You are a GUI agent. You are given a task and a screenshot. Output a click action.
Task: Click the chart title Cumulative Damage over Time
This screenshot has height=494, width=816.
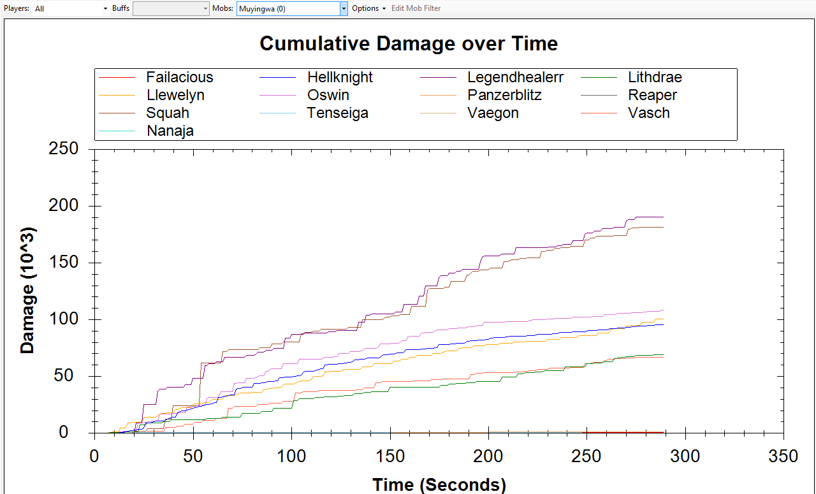tap(409, 44)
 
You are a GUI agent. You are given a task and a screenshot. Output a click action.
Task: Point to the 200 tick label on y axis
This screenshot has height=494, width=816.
tap(63, 205)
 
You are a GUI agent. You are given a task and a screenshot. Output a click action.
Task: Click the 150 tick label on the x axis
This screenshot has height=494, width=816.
tap(390, 456)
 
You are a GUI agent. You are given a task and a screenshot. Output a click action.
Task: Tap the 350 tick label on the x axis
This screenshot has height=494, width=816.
tap(783, 456)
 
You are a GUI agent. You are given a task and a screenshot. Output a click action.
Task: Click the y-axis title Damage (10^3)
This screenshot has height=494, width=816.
tap(27, 291)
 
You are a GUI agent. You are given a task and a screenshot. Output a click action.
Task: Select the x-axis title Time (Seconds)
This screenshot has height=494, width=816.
tap(439, 485)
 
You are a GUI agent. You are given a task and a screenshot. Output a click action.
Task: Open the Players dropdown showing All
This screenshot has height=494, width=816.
tap(71, 8)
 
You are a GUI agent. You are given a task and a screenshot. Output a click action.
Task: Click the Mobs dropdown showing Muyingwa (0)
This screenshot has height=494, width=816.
tap(292, 8)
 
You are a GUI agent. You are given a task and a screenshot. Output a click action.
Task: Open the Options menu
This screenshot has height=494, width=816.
tap(368, 8)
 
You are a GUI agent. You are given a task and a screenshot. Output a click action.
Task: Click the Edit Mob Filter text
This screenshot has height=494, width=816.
tap(416, 8)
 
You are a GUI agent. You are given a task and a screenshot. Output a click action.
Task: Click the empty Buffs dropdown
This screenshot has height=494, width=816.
tap(171, 8)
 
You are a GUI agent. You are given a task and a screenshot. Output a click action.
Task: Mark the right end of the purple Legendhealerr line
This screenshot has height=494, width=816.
tap(664, 217)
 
